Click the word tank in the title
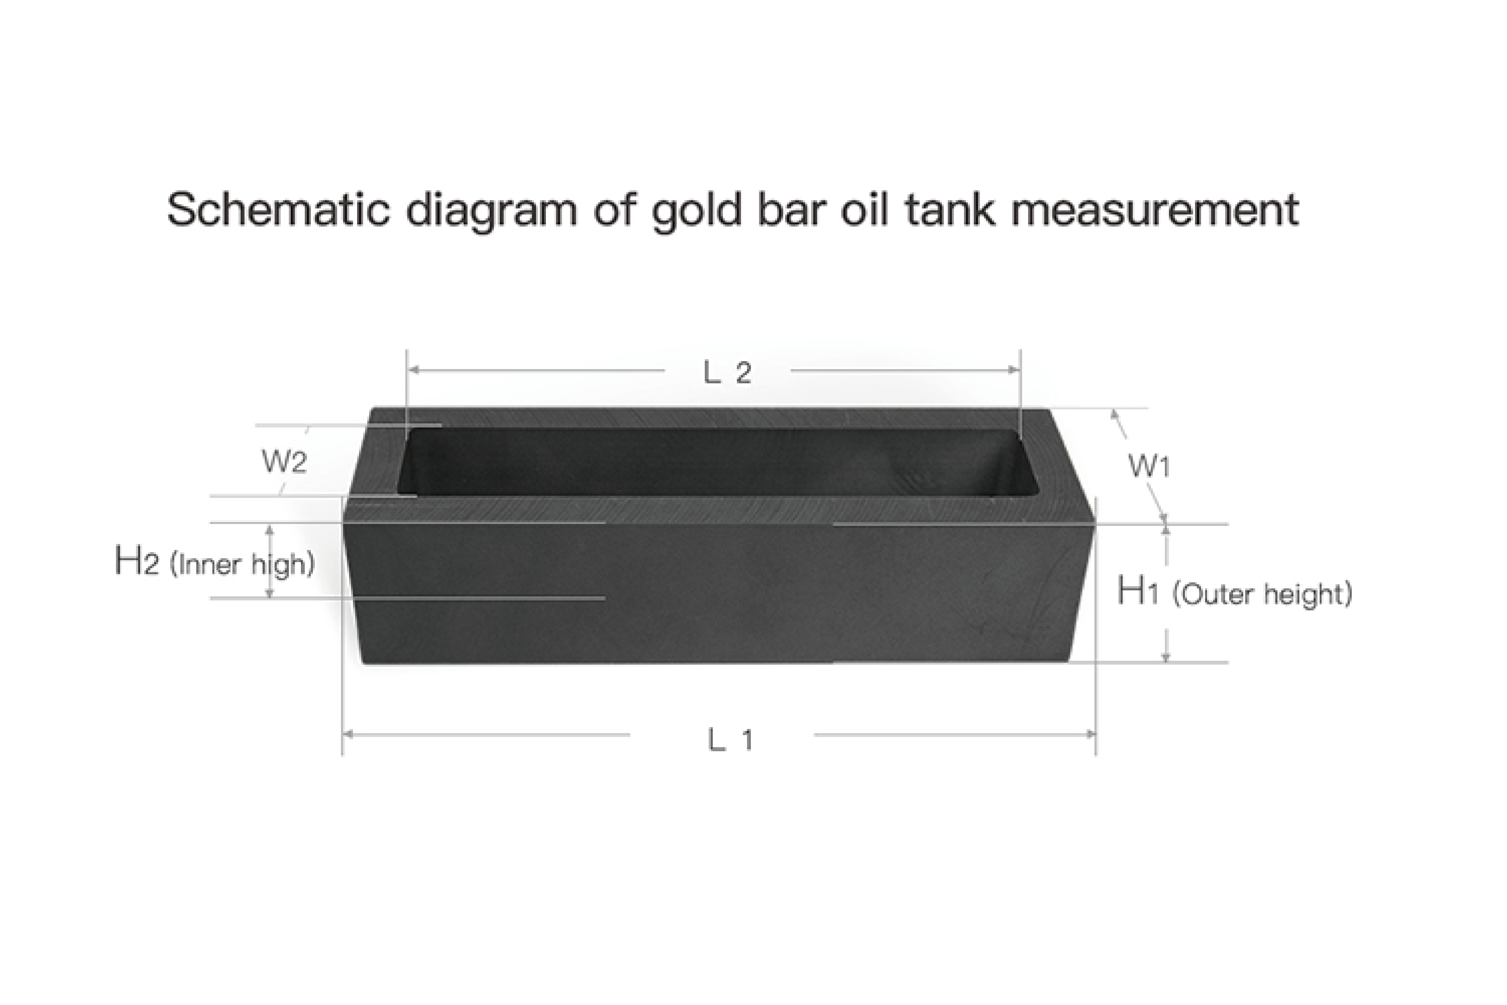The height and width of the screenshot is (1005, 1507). (x=950, y=210)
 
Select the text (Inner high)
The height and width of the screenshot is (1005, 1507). (x=242, y=564)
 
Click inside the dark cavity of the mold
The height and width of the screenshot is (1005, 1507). (x=705, y=461)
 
